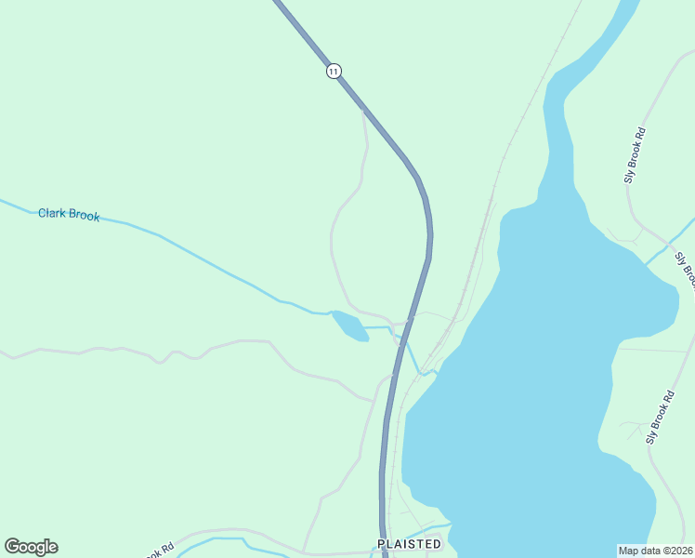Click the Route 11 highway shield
coord(334,71)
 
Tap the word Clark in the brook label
coord(53,213)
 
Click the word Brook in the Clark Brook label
coord(85,216)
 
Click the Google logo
coord(31,547)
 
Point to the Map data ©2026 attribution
coord(656,550)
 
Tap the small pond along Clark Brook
coord(348,325)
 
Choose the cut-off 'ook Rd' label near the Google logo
coord(159,552)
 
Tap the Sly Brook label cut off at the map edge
coord(686,270)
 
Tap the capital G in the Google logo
coord(13,547)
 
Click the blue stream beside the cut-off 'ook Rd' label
coord(223,538)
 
